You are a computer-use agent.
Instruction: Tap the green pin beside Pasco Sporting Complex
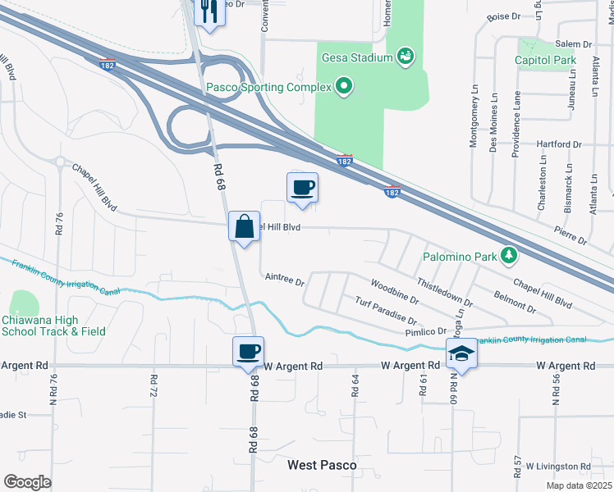click(344, 86)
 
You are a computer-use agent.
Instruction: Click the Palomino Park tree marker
click(509, 256)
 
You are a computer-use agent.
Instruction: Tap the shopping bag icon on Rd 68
click(245, 225)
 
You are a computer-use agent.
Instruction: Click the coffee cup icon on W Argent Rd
click(249, 352)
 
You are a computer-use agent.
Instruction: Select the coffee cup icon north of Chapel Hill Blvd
click(302, 188)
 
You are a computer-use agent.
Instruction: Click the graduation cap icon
click(461, 353)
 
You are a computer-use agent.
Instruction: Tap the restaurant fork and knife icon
click(208, 11)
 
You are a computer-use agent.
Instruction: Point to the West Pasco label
click(322, 465)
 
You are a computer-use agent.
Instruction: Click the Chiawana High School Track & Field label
click(53, 326)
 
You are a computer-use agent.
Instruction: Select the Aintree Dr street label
click(285, 279)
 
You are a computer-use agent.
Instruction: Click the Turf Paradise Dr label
click(386, 312)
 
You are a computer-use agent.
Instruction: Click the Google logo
click(26, 482)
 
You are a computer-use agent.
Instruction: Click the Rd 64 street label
click(355, 385)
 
